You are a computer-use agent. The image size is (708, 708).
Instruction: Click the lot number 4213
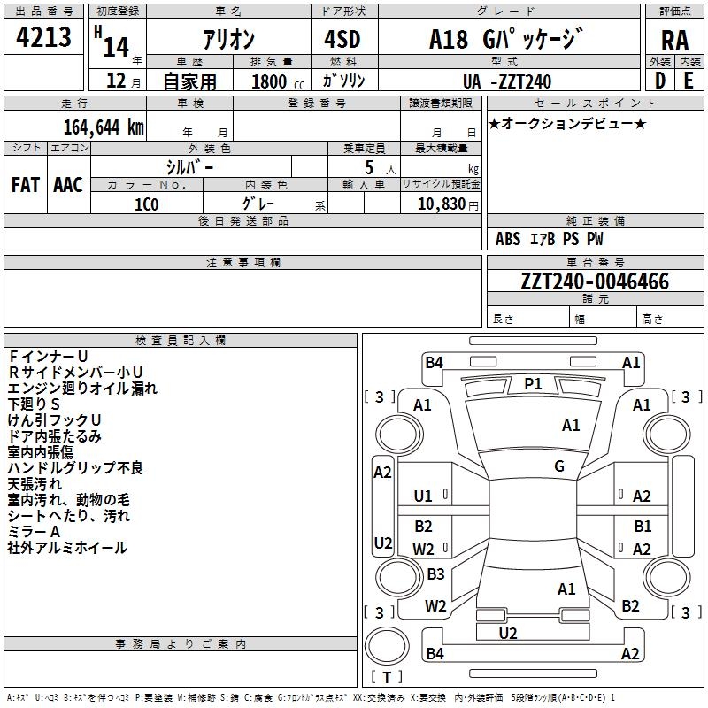(43, 36)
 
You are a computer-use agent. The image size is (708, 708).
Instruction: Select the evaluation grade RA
(674, 41)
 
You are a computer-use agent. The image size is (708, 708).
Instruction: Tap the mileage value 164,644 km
(104, 127)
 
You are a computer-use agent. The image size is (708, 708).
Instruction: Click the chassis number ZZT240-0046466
(595, 281)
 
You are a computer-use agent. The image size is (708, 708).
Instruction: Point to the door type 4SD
(342, 39)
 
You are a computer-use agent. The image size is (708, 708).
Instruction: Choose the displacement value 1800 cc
(278, 81)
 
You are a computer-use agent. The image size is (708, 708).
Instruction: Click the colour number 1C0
(147, 204)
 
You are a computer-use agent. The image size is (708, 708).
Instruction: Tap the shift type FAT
(26, 185)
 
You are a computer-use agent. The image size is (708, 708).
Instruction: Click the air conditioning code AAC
(68, 185)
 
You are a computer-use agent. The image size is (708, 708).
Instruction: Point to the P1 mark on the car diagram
(533, 384)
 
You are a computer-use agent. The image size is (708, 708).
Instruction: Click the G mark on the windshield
(559, 466)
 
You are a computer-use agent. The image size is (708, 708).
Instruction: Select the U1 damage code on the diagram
(423, 496)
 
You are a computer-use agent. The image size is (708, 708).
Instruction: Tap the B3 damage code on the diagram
(435, 573)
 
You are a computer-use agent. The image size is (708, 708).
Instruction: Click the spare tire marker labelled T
(387, 677)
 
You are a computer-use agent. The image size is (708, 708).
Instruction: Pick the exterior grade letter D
(660, 81)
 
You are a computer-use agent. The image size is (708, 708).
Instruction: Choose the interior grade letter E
(689, 81)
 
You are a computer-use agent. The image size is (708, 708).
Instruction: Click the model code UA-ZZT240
(507, 81)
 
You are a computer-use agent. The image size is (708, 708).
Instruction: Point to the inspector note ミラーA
(34, 532)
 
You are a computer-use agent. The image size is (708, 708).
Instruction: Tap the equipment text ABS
(508, 239)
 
